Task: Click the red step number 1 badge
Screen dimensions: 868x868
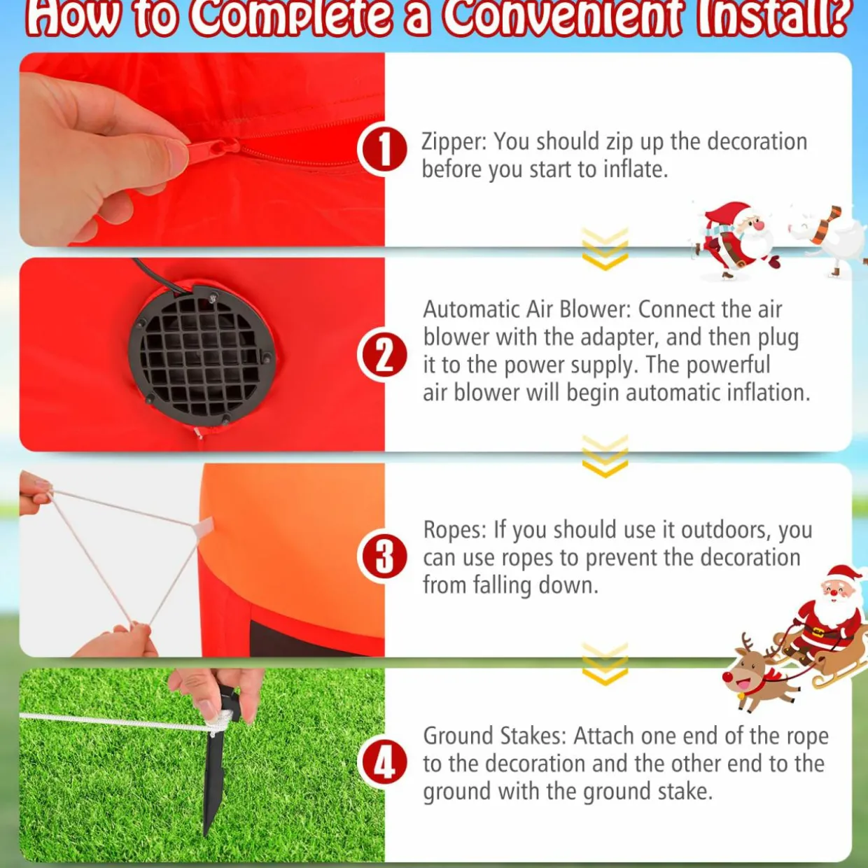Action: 383,150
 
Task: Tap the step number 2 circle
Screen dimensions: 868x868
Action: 383,356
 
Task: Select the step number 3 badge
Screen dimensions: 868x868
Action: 383,558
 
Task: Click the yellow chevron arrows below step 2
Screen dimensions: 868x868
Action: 605,456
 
